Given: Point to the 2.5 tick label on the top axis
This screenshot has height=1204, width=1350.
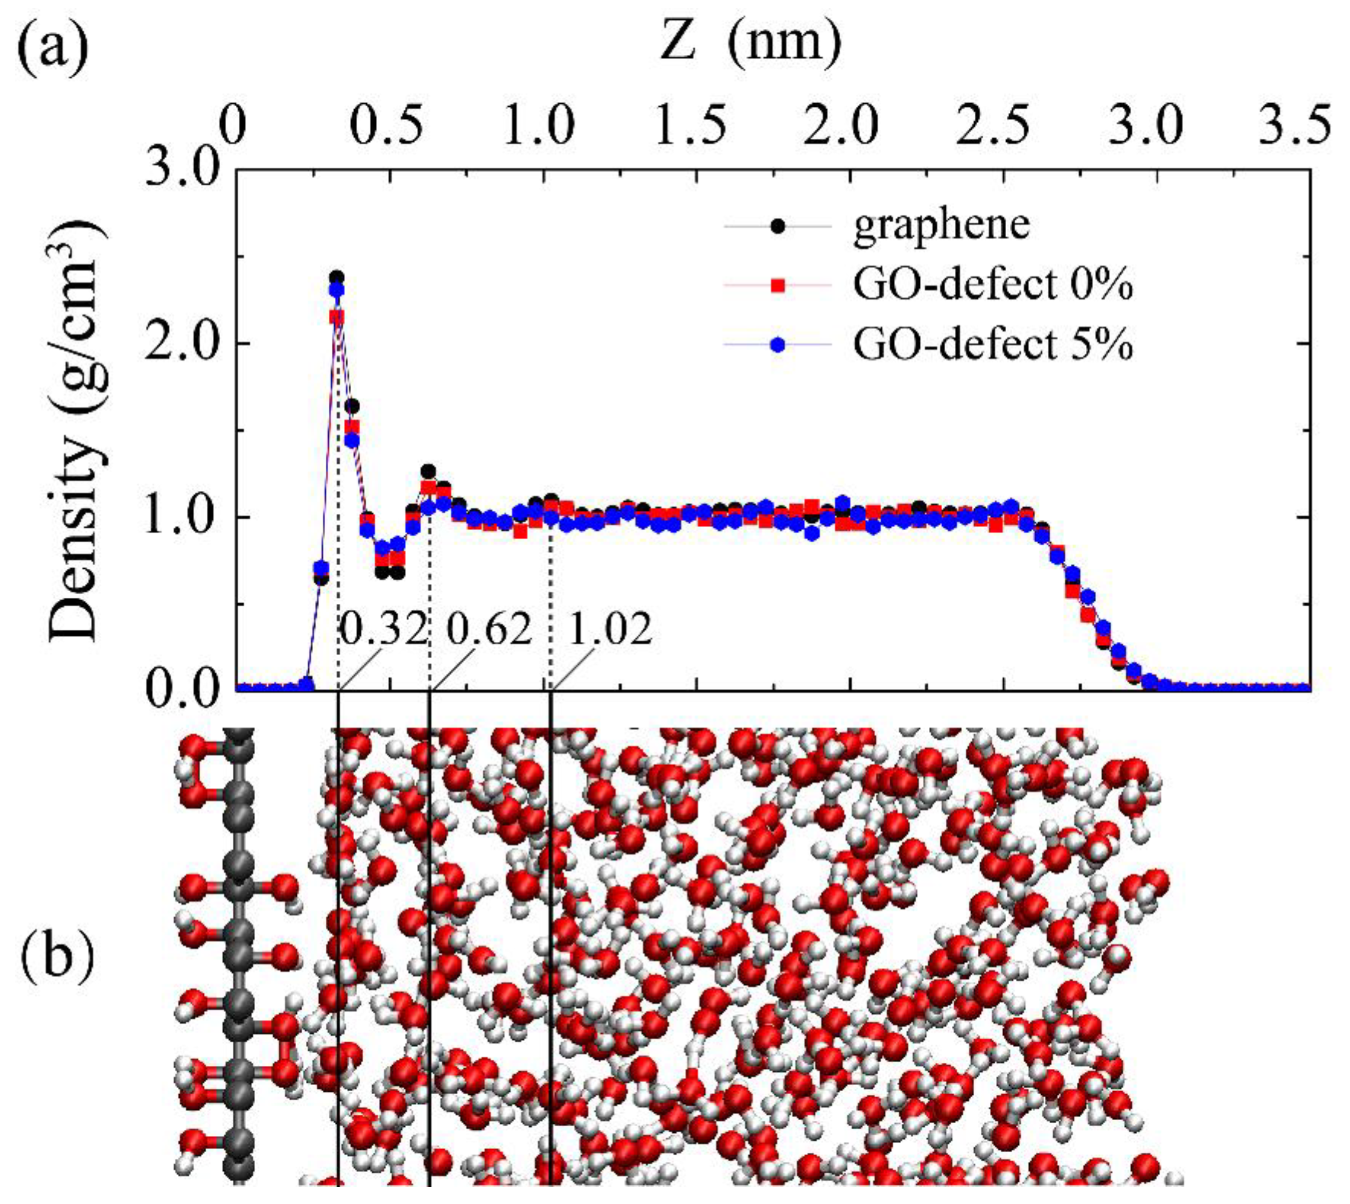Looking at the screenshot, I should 1004,125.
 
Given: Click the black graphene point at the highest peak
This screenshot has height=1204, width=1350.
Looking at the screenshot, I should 337,277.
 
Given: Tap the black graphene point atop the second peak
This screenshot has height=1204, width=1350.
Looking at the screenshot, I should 428,471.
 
